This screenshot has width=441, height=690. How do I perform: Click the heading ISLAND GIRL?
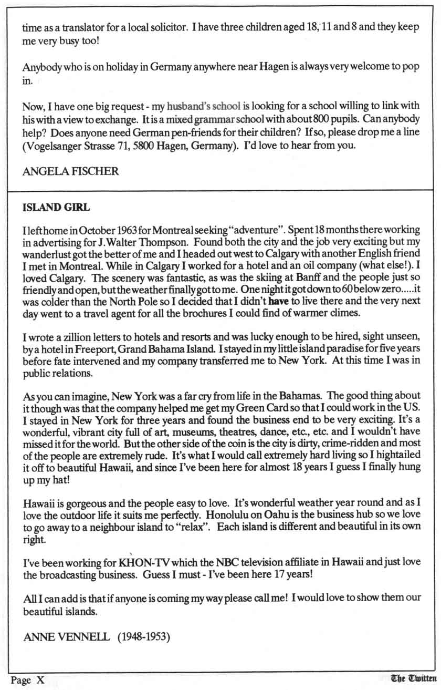[x=57, y=207]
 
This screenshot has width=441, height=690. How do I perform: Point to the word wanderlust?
[x=46, y=254]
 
